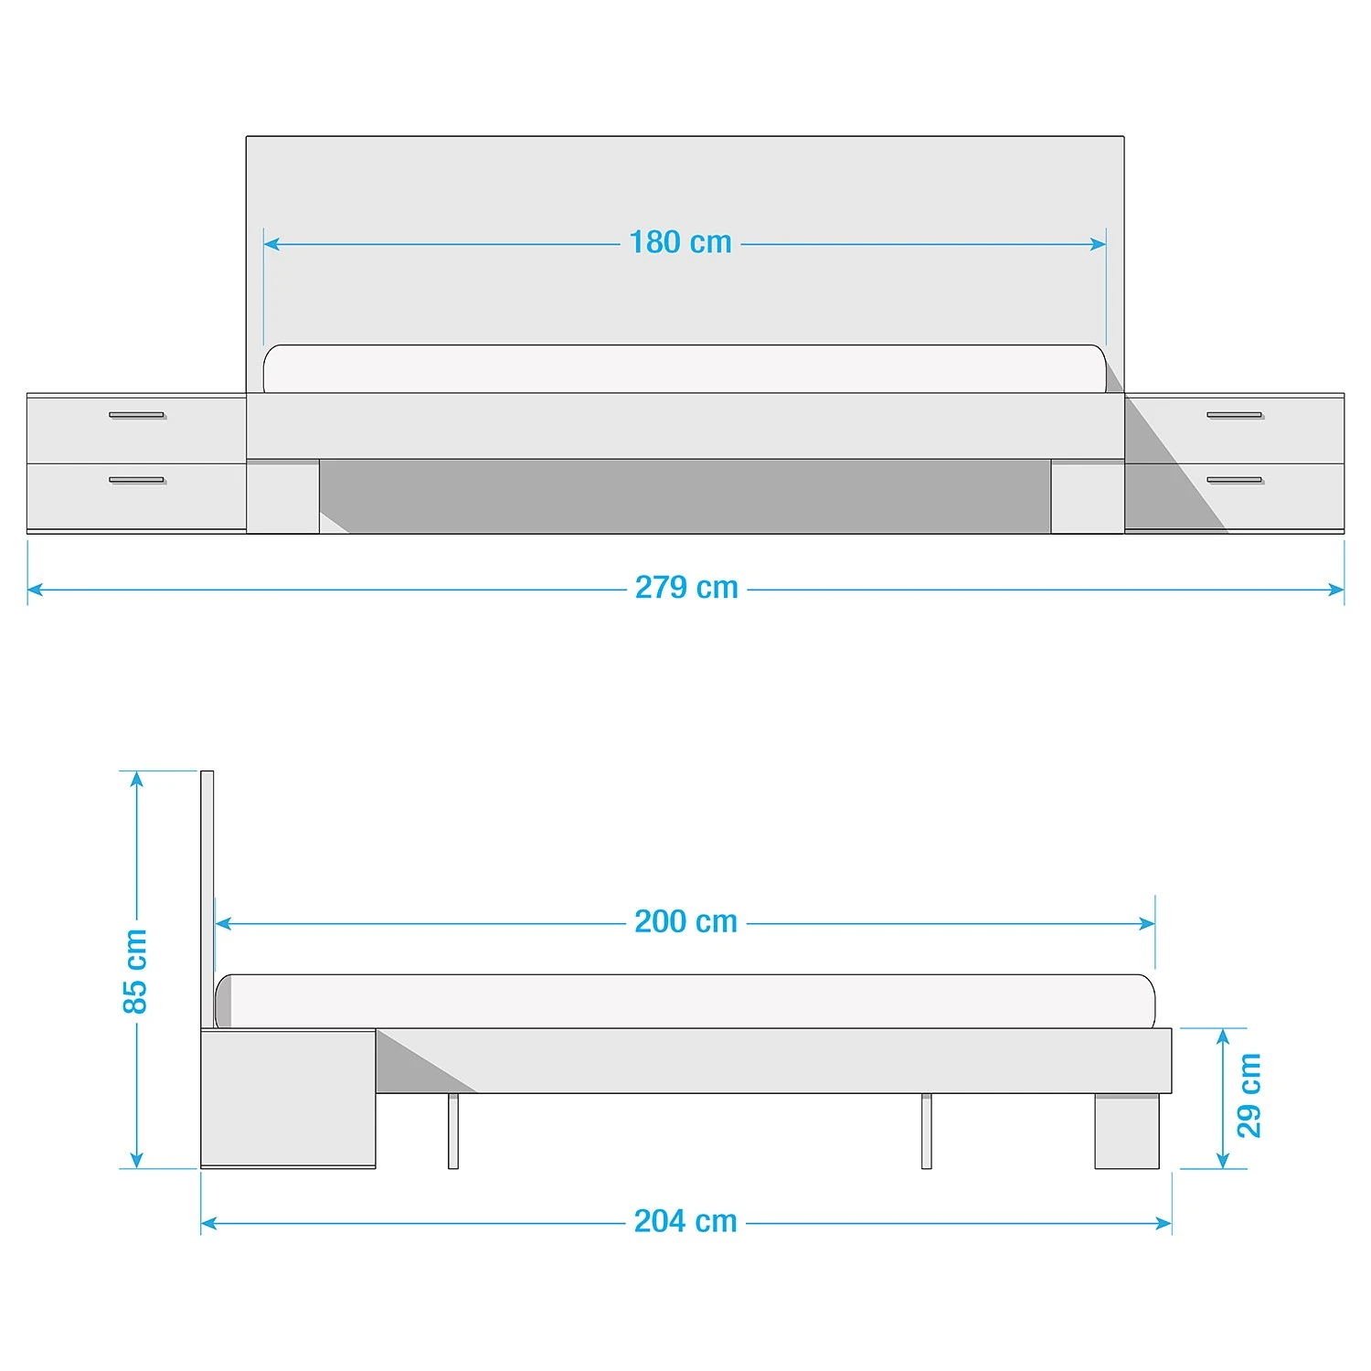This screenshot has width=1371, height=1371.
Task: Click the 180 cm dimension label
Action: coord(680,242)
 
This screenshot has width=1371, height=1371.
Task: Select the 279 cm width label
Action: coord(686,587)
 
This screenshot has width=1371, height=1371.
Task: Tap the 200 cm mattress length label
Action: coord(685,921)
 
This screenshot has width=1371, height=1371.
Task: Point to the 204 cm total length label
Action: coord(685,1221)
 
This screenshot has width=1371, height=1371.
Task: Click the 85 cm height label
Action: coord(134,971)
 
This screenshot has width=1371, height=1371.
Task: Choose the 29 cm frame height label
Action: coord(1249,1095)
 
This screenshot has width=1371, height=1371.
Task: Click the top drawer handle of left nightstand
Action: coord(137,415)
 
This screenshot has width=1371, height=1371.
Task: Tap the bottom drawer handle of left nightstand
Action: coord(137,480)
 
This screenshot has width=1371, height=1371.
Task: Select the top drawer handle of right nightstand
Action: coord(1235,415)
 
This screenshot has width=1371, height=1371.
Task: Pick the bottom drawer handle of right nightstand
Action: coord(1235,480)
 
